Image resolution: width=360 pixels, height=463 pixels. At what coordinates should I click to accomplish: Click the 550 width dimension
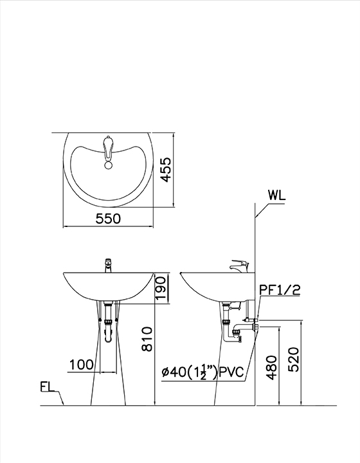coord(108,219)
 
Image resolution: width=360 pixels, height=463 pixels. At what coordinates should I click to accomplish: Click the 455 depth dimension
coord(166,170)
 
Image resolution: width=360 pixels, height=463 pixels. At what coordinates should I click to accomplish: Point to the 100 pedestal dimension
coord(81,365)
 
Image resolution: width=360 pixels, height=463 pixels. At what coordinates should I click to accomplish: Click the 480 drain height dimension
coord(273,367)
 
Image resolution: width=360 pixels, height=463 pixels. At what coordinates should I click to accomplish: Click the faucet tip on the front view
coord(108,263)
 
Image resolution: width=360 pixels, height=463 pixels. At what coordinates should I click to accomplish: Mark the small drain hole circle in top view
coord(108,165)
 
